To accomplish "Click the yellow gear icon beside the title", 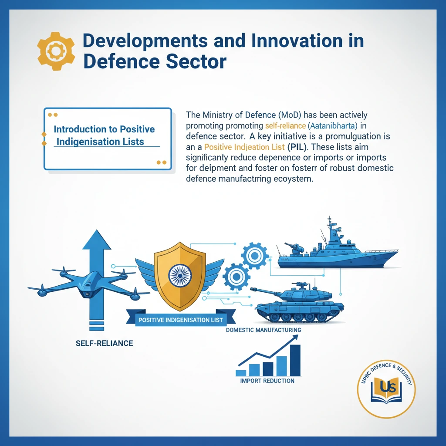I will point(55,51).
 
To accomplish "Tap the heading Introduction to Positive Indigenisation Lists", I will point(104,135).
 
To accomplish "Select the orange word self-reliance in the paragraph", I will point(283,125).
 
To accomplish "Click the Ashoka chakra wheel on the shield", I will point(180,276).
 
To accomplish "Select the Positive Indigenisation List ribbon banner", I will point(180,320).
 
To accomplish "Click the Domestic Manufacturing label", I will point(264,330).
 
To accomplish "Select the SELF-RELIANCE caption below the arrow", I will point(104,344).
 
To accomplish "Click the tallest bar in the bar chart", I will point(295,360).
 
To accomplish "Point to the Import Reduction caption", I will point(267,381).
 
